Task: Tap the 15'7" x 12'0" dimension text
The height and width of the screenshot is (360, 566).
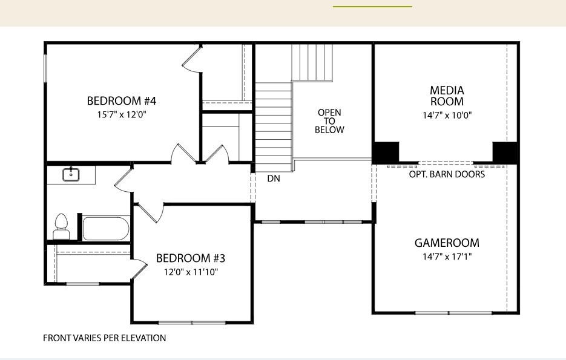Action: (x=122, y=114)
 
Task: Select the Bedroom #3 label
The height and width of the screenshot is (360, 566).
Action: (x=191, y=258)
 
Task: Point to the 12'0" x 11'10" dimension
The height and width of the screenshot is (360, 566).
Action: (x=191, y=272)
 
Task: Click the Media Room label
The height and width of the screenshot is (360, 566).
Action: (x=447, y=96)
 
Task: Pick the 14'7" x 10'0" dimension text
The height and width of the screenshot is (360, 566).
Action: (x=447, y=115)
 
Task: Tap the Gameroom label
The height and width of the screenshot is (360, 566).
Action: (x=447, y=243)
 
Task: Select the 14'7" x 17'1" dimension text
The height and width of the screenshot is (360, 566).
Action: (x=447, y=257)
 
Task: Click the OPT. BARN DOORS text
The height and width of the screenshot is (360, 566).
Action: (x=447, y=174)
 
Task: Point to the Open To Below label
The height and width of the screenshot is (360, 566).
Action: (x=330, y=121)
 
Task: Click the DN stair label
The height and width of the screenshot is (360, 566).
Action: (x=273, y=178)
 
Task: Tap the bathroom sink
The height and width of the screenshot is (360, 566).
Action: (x=71, y=174)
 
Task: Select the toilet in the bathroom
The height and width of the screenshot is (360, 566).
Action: (x=61, y=227)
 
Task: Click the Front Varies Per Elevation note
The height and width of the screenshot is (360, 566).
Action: (x=104, y=338)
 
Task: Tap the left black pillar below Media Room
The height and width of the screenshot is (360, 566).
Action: (x=386, y=152)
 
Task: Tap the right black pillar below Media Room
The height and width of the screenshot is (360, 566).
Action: (x=505, y=152)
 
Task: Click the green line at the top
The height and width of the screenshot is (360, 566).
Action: (x=372, y=6)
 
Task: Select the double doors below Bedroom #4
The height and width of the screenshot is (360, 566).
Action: (x=200, y=155)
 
